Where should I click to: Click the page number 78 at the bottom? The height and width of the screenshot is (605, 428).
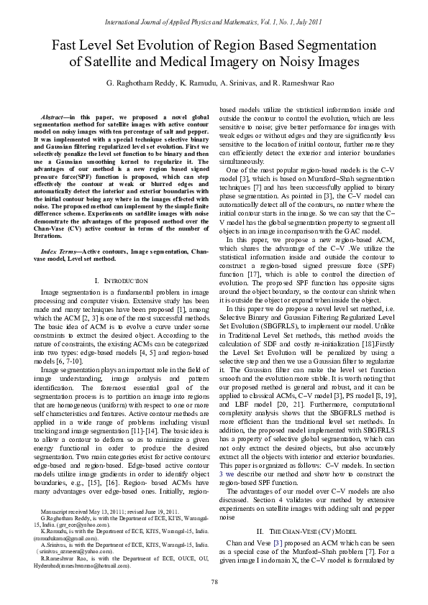214,581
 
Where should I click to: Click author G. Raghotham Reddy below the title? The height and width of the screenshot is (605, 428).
140,85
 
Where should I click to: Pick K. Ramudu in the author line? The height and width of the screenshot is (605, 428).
204,85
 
